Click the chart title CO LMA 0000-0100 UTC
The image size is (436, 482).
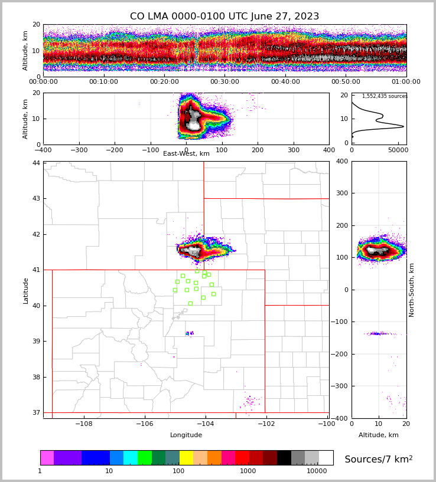point(224,17)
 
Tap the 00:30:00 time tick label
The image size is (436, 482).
point(224,82)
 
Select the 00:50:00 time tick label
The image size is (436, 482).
point(346,82)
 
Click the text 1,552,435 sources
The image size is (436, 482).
point(385,96)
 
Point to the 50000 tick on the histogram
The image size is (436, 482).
point(398,150)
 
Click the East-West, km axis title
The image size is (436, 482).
point(186,154)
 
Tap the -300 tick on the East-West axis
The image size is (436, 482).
point(79,150)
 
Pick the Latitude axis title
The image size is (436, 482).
point(26,290)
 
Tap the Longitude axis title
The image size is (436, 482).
point(186,435)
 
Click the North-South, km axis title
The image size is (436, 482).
point(412,290)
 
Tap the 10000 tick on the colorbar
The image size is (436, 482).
point(317,471)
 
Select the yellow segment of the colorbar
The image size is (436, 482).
point(186,458)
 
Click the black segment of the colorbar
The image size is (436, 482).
point(284,458)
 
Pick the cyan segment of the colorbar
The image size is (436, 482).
point(131,458)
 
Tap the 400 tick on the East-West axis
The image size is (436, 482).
point(329,150)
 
